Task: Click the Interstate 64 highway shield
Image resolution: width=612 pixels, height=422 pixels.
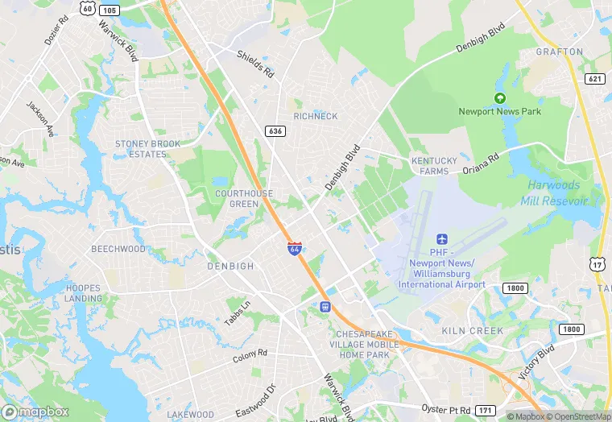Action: coord(296,249)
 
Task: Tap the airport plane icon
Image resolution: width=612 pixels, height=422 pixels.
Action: coord(440,239)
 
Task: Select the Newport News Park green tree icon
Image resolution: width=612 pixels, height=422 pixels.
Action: coord(499,97)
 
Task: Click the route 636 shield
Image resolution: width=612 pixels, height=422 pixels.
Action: coord(275,130)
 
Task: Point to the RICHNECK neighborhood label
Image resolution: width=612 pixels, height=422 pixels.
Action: coord(316,116)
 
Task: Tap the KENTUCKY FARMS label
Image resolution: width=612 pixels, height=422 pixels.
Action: coord(434,166)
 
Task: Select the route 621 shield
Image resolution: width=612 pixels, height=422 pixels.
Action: coord(595,78)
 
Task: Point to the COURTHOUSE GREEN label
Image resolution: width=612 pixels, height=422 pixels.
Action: coord(244,199)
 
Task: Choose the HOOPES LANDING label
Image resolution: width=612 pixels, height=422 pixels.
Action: coord(83,293)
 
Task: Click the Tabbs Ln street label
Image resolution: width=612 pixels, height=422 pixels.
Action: coord(238,313)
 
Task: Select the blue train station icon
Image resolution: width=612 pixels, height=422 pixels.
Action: coord(325,306)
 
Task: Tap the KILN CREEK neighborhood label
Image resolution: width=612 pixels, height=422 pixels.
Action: coord(473,331)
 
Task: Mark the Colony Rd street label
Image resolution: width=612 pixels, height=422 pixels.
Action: coord(250,356)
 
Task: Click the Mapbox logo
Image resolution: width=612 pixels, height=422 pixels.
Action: coord(35,412)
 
